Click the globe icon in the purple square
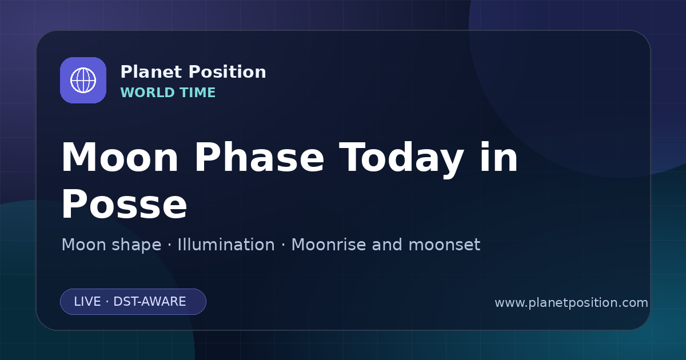pos(83,80)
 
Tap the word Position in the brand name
pos(228,72)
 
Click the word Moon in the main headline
pos(119,157)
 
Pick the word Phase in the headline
pos(259,157)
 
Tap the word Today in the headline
pos(401,160)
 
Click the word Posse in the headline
pos(124,204)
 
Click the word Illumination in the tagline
pos(226,245)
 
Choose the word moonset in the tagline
pos(444,246)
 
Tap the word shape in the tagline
pos(136,245)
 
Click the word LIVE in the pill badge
pos(87,302)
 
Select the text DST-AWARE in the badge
pos(149,302)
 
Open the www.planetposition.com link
pos(572,303)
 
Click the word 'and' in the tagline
pos(387,245)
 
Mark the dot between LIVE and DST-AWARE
pos(107,302)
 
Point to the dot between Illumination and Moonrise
pos(284,245)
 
